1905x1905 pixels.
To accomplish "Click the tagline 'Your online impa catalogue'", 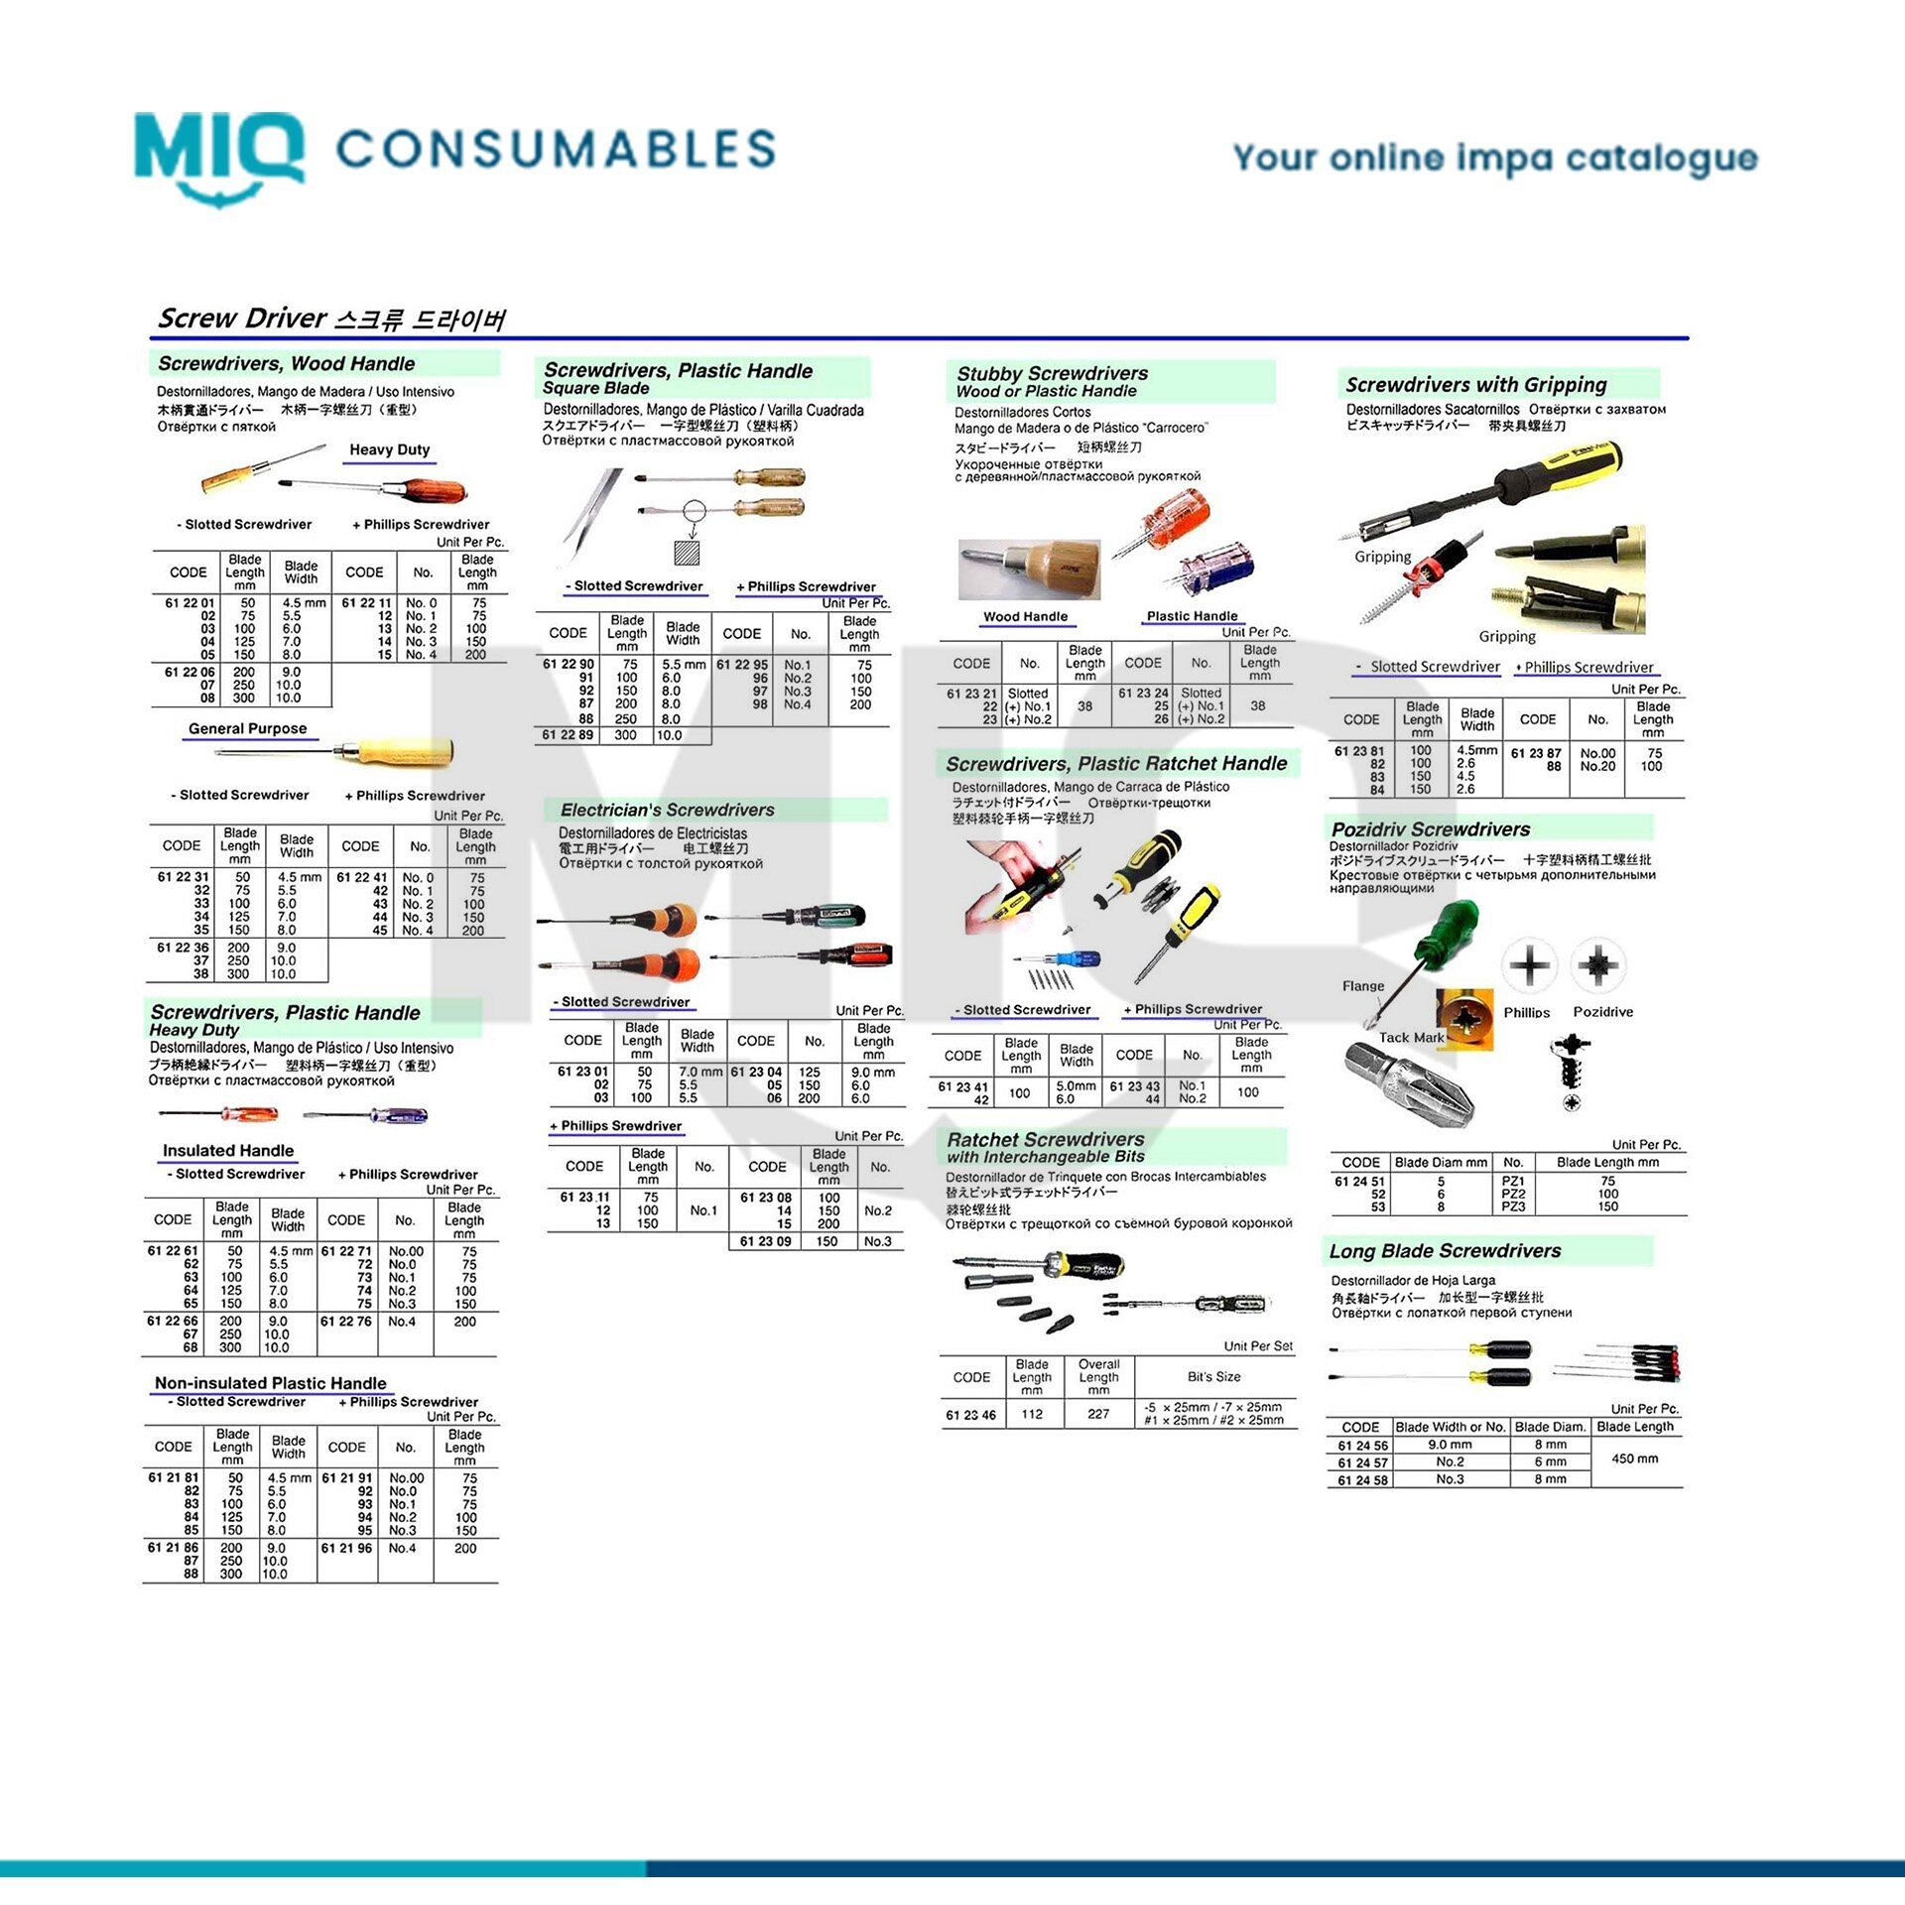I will (1494, 159).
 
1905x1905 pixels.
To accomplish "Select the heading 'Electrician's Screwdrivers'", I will (667, 810).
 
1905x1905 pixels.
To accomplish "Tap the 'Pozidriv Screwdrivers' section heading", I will (1430, 828).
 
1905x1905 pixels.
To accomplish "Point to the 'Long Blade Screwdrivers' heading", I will (1445, 1251).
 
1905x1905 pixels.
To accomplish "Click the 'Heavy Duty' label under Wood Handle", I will (389, 449).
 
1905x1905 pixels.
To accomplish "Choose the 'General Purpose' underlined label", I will (247, 728).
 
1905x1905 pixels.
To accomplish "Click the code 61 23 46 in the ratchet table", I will (970, 1415).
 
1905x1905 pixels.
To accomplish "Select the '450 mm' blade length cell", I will (1634, 1459).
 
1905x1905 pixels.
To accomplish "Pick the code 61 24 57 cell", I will (1362, 1462).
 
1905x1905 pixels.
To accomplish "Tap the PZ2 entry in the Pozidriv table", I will (1513, 1194).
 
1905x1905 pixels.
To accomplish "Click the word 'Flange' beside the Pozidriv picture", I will (1362, 986).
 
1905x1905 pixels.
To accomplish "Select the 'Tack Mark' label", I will (1411, 1037).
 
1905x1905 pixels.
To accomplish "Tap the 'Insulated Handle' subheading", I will (228, 1151).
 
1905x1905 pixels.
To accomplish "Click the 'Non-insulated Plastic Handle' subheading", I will (270, 1383).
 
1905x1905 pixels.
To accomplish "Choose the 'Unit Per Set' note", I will (1257, 1346).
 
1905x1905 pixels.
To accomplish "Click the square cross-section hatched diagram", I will (686, 553).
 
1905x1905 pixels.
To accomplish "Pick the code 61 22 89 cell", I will (568, 735).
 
